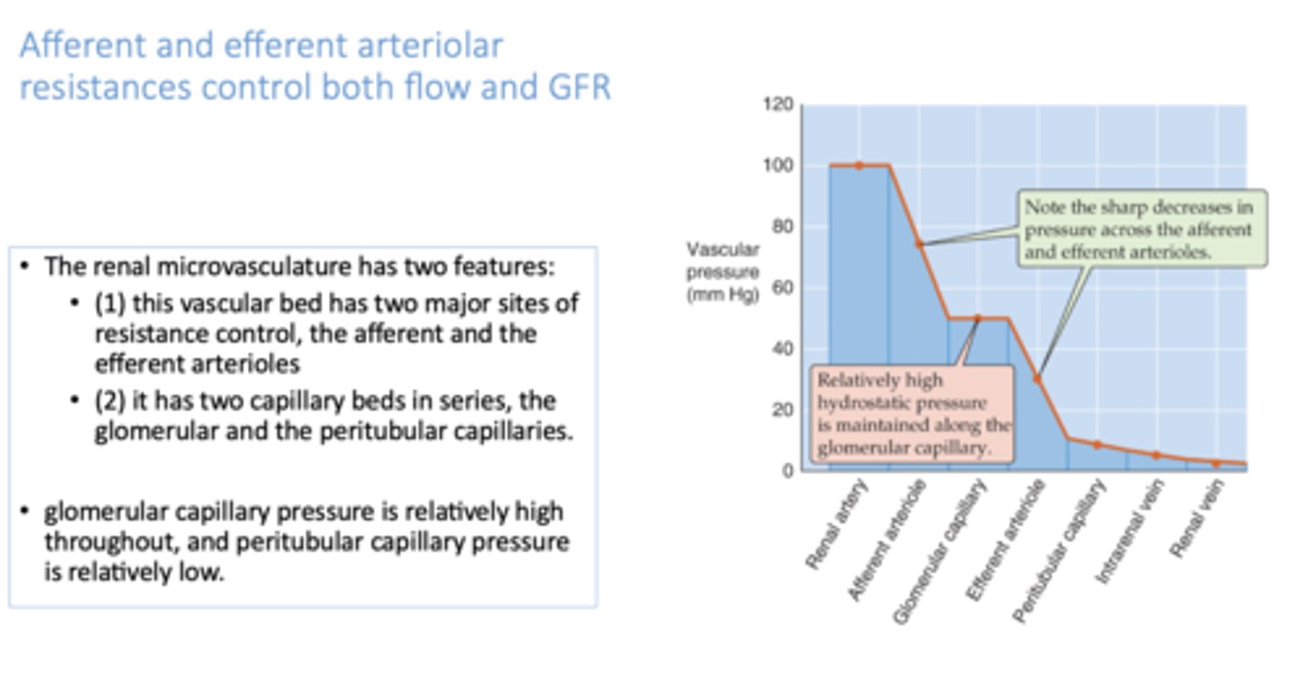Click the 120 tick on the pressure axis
tap(783, 106)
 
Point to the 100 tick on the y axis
tap(783, 166)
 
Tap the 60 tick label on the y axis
tap(783, 289)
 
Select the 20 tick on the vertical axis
tap(783, 410)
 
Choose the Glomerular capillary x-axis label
tap(940, 551)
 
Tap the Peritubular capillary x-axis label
tap(1060, 551)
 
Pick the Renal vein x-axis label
tap(1198, 519)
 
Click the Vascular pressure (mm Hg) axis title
tap(723, 272)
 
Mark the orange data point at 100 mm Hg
tap(858, 165)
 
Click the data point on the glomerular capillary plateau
tap(977, 318)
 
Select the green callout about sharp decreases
tap(1142, 229)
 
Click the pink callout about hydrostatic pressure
tap(913, 414)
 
